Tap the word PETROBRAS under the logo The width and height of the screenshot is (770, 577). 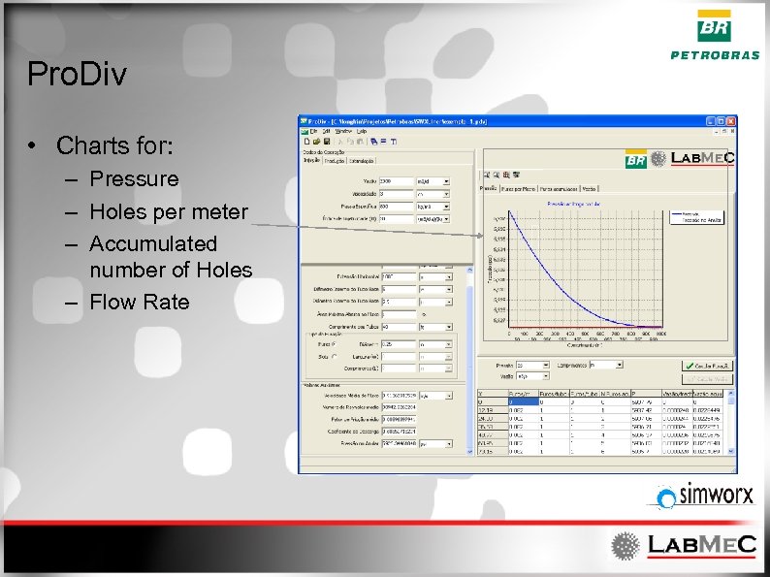pos(715,55)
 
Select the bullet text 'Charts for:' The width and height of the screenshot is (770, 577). pos(114,146)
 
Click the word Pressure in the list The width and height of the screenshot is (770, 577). pos(134,179)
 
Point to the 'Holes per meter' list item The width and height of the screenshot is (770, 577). pos(168,211)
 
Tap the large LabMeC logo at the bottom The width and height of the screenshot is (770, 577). pos(684,545)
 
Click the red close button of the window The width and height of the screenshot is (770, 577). pos(732,121)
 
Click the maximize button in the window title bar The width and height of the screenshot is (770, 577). pos(722,121)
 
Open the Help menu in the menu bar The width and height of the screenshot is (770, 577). pos(361,130)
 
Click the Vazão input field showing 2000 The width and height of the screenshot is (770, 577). pos(398,180)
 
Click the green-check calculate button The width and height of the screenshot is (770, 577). pos(705,365)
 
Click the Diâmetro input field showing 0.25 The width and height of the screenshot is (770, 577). pos(398,343)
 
